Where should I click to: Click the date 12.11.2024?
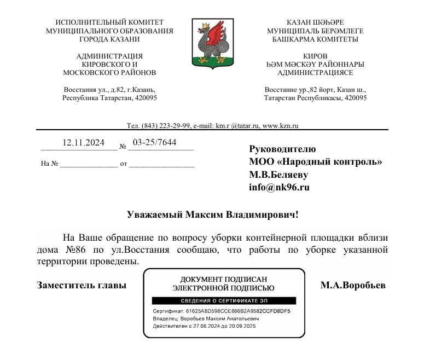83,143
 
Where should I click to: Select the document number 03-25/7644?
155,142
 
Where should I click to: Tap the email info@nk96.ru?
280,188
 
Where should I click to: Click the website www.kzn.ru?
281,125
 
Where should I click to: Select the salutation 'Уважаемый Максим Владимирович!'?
213,214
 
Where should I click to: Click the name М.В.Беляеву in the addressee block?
278,175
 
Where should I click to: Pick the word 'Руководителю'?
282,148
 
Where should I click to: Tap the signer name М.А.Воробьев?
353,286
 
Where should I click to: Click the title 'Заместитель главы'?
82,286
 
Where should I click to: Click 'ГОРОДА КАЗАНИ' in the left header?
109,39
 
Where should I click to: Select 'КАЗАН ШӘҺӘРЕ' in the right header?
315,22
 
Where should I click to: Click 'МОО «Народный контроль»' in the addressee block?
316,161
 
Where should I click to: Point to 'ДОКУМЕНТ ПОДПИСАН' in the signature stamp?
223,278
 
